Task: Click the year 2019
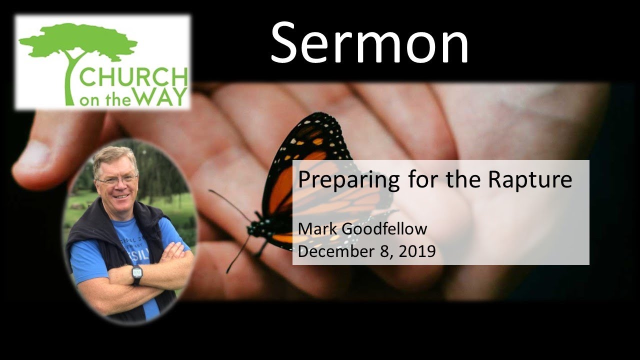click(416, 251)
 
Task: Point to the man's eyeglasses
click(116, 179)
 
